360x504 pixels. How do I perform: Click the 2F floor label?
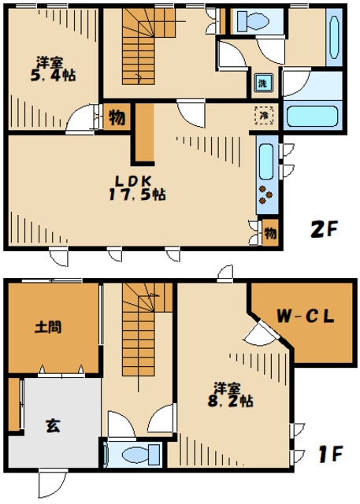(x=323, y=229)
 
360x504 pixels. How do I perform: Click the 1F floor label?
(x=331, y=454)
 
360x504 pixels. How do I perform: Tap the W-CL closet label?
(x=306, y=317)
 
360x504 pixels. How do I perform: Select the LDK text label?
(x=133, y=181)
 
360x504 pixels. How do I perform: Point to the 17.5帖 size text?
(x=137, y=195)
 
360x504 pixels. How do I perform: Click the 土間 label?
(x=48, y=328)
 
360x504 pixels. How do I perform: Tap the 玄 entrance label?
(x=53, y=425)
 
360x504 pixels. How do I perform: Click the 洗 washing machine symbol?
(x=263, y=83)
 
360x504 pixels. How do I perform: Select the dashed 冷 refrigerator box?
(x=264, y=114)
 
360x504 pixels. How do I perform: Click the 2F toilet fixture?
(x=253, y=21)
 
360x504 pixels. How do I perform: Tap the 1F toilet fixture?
(x=141, y=455)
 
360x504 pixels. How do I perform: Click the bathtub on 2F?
(x=312, y=117)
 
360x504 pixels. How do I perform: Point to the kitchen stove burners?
(x=265, y=195)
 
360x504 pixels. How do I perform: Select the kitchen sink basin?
(x=266, y=161)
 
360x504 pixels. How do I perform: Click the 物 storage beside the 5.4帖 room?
(x=117, y=117)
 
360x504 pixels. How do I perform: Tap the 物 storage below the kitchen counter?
(x=270, y=233)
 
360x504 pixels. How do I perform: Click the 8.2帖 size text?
(x=230, y=401)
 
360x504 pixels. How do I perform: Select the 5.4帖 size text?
(x=53, y=76)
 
